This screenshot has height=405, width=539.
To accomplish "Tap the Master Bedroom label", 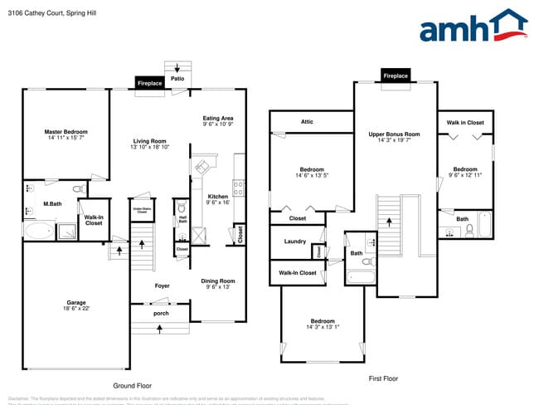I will pos(66,132).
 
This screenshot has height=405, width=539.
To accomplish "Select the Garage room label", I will pos(76,302).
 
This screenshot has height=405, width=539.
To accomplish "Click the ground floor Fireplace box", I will pos(149,83).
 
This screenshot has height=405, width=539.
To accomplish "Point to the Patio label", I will pos(177,80).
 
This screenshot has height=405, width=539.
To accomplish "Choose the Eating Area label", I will pos(218,119).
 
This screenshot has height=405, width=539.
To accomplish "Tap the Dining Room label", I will pos(218,281).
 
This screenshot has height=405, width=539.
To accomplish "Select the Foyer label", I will pos(162,286).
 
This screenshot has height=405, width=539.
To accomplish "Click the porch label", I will pos(162,314).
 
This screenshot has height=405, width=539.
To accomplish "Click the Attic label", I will pos(307,122).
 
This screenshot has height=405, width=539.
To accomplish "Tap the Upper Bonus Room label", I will pos(394,134).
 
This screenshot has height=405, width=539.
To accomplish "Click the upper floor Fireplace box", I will pos(396,76).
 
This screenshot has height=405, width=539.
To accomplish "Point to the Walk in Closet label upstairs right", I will pos(465,123).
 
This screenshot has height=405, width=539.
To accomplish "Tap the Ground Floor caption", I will pos(132,386).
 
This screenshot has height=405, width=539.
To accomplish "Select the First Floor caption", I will pos(383,378).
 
